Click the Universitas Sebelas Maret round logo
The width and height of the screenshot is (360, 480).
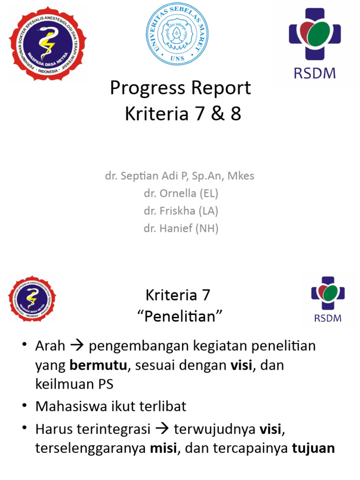pos(180,34)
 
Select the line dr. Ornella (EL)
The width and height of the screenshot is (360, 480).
pos(181,193)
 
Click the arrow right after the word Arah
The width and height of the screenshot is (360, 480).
pos(75,347)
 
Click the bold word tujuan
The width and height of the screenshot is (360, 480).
pos(313,448)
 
